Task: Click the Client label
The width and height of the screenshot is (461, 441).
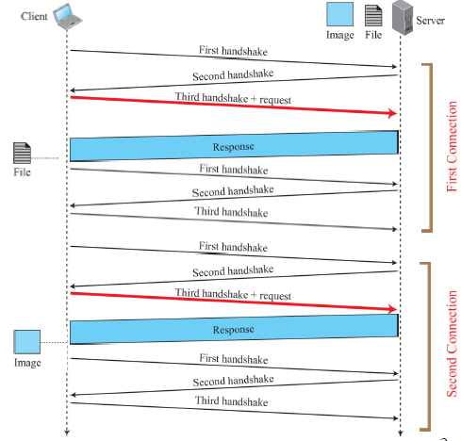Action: coord(34,16)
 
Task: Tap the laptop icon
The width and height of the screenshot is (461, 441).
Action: coord(67,17)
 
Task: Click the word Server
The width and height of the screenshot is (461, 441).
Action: coord(430,21)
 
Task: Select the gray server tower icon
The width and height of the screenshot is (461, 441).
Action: coord(403,18)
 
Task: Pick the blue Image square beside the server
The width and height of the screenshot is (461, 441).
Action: coord(339,14)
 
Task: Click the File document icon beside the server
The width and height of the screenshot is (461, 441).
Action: coord(373,16)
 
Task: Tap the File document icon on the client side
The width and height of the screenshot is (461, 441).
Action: coord(22,153)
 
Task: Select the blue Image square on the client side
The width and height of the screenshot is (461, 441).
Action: coord(27,342)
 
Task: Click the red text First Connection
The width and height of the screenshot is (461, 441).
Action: coord(452,146)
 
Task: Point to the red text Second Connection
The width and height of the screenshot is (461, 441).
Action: coord(452,344)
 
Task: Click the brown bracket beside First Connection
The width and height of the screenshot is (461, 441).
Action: coord(431,148)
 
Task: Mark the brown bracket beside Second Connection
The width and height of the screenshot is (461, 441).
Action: coord(429,347)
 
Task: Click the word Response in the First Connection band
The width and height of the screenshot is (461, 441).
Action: coord(233,147)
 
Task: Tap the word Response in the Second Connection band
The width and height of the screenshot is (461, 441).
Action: coord(233,330)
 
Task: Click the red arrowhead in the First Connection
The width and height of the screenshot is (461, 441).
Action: coord(393,113)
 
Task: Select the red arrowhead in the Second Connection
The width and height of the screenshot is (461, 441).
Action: coord(393,309)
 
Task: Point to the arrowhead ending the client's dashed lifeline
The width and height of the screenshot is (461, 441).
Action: coord(67,433)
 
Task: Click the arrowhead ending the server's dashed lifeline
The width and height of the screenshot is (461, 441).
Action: coord(400,433)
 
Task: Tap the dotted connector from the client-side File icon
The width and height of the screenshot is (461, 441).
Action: coord(44,158)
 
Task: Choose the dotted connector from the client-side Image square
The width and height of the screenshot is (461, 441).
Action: coord(54,342)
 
